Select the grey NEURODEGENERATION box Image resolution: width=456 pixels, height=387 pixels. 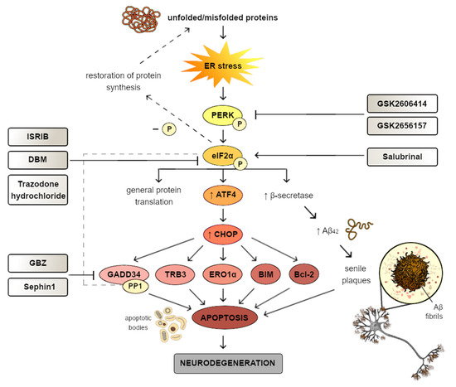pyautogui.click(x=225, y=362)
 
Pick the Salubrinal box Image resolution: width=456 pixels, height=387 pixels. pyautogui.click(x=404, y=155)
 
